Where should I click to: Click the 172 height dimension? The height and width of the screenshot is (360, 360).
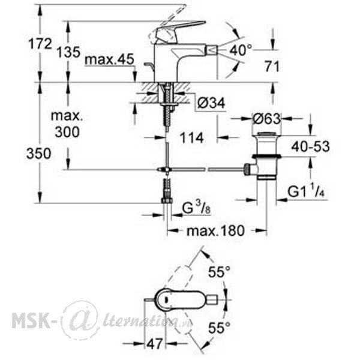pos(40,44)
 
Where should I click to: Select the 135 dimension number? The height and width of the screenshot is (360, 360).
pos(68,52)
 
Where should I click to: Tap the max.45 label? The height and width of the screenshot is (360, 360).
pos(109,59)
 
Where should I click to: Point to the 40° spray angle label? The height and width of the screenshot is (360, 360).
pos(241,50)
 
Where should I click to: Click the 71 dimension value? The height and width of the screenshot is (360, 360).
pos(272,67)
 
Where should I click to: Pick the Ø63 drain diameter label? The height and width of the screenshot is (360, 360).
pos(267,119)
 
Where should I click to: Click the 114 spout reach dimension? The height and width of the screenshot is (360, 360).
pos(191,138)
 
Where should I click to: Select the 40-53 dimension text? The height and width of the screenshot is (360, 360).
pos(310,146)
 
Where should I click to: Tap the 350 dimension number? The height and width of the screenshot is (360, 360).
pos(38,154)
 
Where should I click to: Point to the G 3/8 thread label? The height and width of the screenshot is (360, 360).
pos(196,208)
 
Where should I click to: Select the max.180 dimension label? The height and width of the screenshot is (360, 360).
pos(215,230)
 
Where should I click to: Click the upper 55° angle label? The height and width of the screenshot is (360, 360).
pos(219,272)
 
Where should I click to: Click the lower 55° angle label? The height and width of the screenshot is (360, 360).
pos(219,327)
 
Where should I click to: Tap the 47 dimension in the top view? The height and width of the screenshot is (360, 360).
pos(155,344)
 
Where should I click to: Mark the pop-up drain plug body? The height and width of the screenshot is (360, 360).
pos(266,155)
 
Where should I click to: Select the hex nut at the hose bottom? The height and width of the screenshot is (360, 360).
pos(167,200)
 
